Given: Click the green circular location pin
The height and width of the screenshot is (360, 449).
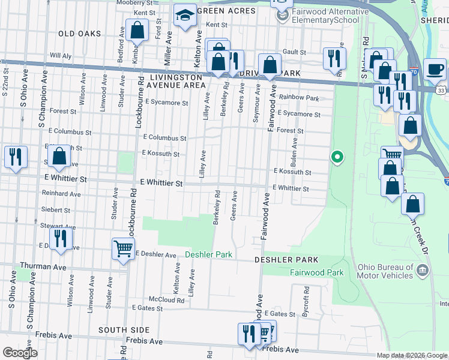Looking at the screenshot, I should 337,158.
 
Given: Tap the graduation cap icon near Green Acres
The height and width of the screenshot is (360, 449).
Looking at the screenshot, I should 185,16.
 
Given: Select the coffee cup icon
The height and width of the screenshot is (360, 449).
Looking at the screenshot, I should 434,68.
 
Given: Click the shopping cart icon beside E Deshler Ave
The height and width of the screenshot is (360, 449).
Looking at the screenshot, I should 123,248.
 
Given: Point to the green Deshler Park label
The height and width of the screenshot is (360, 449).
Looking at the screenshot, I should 208,254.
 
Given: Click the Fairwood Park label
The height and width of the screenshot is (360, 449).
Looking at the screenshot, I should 317,272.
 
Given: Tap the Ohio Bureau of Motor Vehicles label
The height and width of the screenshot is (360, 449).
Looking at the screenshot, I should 385,271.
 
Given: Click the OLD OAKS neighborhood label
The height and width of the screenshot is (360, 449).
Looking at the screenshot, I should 79,34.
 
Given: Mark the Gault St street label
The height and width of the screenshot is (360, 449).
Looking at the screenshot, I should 295,52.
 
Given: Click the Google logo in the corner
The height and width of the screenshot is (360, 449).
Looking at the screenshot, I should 20,353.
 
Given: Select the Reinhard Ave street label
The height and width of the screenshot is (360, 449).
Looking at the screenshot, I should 61,194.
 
